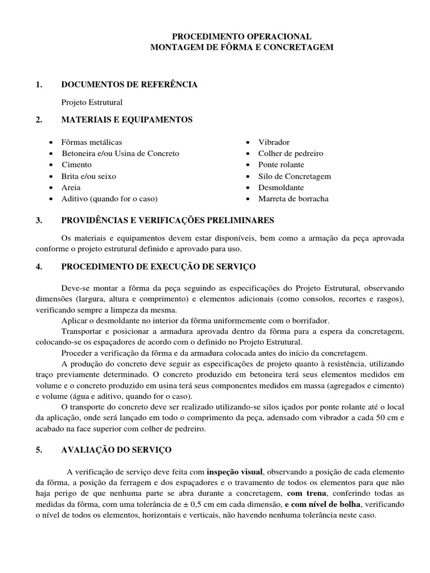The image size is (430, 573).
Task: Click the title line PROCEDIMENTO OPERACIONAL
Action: pyautogui.click(x=241, y=36)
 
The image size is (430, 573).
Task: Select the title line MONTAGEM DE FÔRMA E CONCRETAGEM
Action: pyautogui.click(x=241, y=48)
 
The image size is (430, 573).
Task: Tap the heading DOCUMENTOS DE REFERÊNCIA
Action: pyautogui.click(x=129, y=84)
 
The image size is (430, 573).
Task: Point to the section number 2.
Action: pyautogui.click(x=39, y=120)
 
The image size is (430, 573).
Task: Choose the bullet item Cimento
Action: pyautogui.click(x=77, y=165)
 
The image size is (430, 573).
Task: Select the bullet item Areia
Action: pyautogui.click(x=71, y=187)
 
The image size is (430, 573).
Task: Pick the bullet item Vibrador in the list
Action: pyautogui.click(x=274, y=142)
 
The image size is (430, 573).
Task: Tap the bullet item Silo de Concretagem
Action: pyautogui.click(x=295, y=176)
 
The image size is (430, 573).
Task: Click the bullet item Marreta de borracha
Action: pyautogui.click(x=293, y=199)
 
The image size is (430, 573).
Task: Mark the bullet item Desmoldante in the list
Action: pyautogui.click(x=282, y=187)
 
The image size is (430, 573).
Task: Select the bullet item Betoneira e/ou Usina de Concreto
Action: pyautogui.click(x=120, y=153)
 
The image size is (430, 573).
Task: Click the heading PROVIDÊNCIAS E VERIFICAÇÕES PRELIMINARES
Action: pyautogui.click(x=168, y=221)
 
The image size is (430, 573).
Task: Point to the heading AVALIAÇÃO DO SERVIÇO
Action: pyautogui.click(x=116, y=450)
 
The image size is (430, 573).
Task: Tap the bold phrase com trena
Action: pyautogui.click(x=305, y=494)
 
